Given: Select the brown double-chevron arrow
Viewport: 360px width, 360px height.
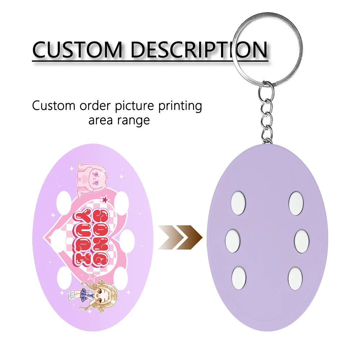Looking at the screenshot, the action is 180,238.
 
